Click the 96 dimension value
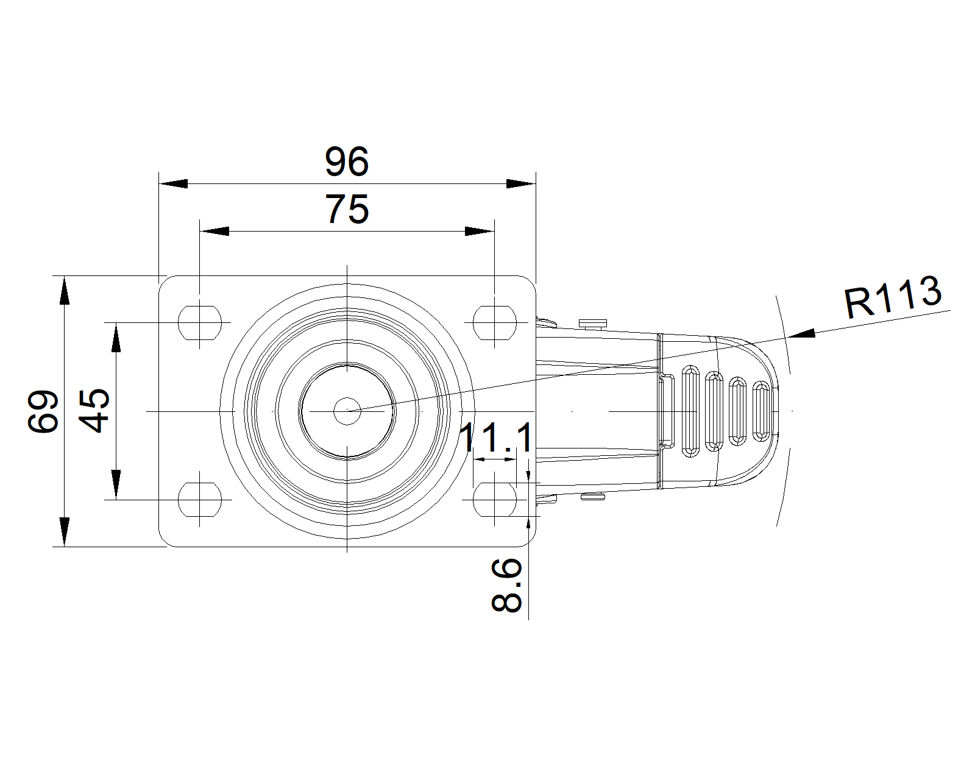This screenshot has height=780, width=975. (x=347, y=162)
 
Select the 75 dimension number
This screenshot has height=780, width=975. (x=347, y=210)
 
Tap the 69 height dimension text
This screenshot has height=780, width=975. (x=43, y=411)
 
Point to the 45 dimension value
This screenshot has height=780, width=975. (x=94, y=411)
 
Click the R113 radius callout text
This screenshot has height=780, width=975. (x=893, y=297)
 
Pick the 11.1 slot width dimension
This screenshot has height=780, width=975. (x=496, y=438)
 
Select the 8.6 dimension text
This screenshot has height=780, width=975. (x=507, y=585)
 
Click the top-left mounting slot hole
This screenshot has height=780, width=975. (x=200, y=323)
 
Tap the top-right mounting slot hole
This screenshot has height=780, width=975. (x=494, y=323)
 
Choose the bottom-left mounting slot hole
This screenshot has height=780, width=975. (x=200, y=500)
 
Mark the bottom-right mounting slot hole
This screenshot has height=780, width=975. (x=494, y=500)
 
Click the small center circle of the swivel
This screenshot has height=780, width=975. (x=347, y=411)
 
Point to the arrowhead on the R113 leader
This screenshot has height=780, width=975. (x=801, y=334)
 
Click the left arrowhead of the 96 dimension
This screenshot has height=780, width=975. (x=173, y=183)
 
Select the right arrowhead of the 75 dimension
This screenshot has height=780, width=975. (x=480, y=231)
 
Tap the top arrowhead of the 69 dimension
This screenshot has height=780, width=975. (x=65, y=291)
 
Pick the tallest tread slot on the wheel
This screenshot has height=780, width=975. (x=690, y=411)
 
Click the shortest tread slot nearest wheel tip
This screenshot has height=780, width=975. (x=761, y=411)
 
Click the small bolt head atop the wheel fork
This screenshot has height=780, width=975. (x=592, y=324)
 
